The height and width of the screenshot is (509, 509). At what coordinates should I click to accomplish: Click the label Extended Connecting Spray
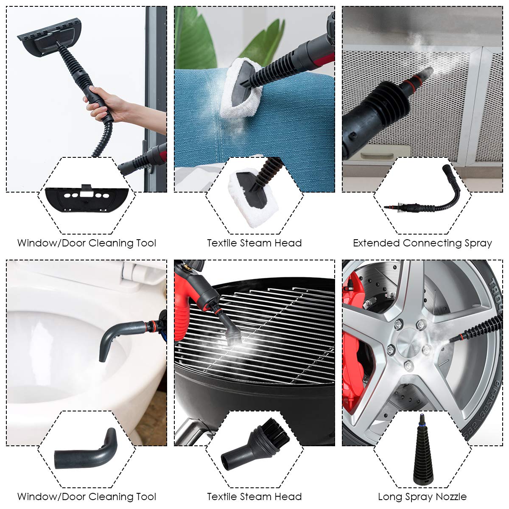(x=422, y=243)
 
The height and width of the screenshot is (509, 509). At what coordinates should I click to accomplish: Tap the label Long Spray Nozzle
(x=422, y=497)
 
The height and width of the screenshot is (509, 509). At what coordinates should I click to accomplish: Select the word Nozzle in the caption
(x=450, y=497)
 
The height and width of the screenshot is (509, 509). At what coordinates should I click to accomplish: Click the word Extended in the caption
(x=377, y=243)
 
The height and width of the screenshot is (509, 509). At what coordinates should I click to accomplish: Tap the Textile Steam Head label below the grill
(x=255, y=497)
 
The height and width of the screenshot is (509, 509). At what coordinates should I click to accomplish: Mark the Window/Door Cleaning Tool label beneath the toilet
(x=87, y=497)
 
